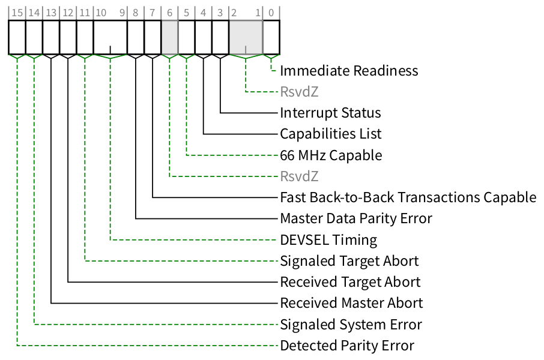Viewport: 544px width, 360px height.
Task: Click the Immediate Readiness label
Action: [349, 71]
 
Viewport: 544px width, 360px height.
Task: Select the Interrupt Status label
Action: [330, 113]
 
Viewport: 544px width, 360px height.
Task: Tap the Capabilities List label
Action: [330, 134]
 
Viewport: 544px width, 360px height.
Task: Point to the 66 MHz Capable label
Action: [331, 155]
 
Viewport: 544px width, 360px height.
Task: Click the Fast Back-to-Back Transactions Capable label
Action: [408, 197]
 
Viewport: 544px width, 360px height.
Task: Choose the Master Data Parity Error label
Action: [356, 218]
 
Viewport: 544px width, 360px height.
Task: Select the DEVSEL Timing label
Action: [328, 240]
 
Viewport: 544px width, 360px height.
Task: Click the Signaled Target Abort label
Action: [349, 261]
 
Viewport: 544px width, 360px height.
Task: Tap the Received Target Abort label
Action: [350, 282]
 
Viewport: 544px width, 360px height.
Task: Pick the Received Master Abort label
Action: [351, 303]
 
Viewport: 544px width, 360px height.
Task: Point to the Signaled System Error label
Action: [351, 325]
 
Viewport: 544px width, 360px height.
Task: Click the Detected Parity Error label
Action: [347, 346]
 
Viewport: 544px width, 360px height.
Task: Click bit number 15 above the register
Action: [17, 11]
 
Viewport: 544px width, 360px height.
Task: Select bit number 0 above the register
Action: [271, 11]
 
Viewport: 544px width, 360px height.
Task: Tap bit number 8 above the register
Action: [136, 11]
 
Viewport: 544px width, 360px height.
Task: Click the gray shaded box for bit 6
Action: [170, 37]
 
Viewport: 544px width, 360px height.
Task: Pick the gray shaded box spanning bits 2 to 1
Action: [246, 37]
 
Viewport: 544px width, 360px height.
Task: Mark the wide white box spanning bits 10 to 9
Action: [110, 37]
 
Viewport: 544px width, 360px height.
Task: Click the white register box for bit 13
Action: [51, 37]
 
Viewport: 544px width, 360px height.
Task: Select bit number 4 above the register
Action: [204, 11]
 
